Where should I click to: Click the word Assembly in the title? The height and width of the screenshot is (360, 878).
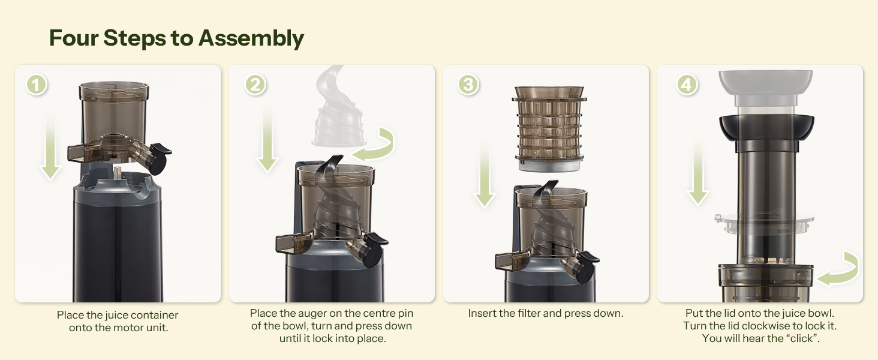[x=251, y=38]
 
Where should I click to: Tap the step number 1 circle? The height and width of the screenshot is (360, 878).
[x=37, y=85]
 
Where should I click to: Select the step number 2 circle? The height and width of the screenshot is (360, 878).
[x=255, y=85]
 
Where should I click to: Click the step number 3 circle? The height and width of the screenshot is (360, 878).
[x=468, y=85]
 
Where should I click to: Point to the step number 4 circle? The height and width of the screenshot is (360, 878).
[x=687, y=85]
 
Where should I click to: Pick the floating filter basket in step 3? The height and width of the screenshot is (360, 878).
[x=549, y=129]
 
